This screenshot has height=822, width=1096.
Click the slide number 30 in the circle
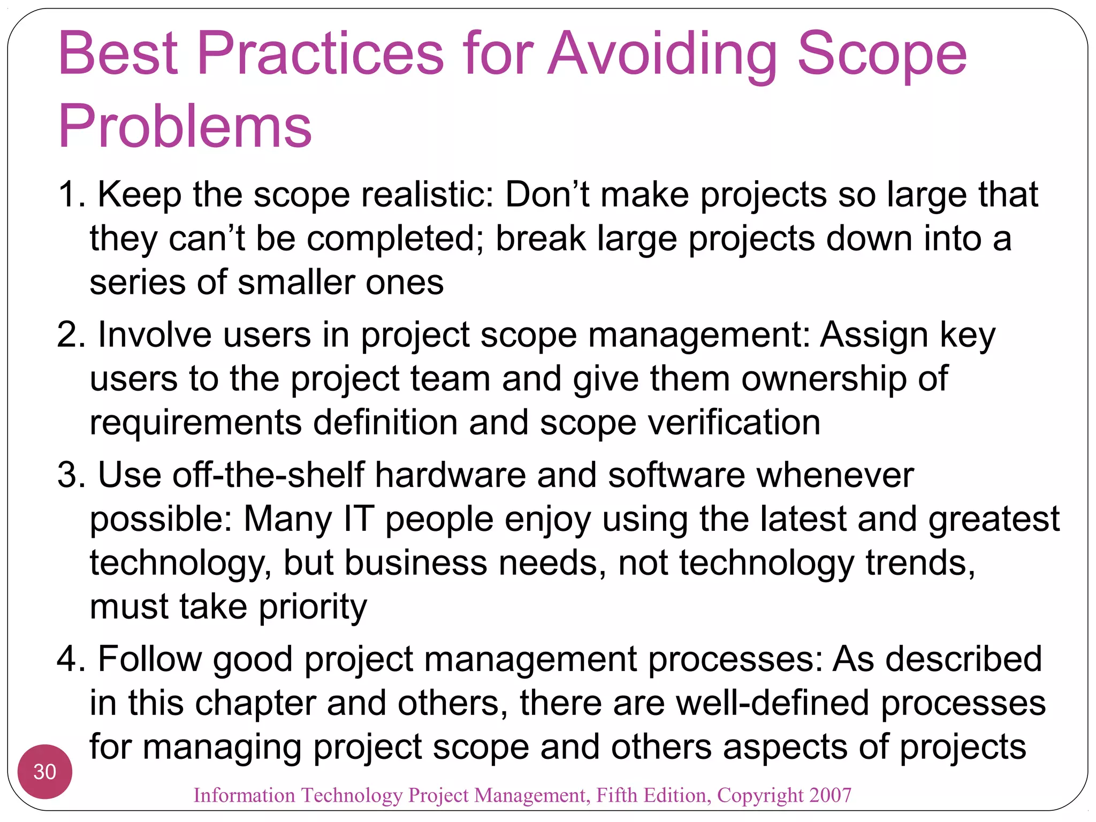[x=44, y=772]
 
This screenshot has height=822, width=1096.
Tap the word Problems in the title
[x=185, y=127]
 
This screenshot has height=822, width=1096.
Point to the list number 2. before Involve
[x=72, y=335]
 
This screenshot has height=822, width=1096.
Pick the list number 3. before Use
[x=72, y=475]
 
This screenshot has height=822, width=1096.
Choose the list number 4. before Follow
[x=72, y=659]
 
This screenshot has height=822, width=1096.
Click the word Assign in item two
[x=874, y=335]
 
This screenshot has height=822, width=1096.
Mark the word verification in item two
[x=734, y=423]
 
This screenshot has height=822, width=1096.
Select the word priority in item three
[x=313, y=607]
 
